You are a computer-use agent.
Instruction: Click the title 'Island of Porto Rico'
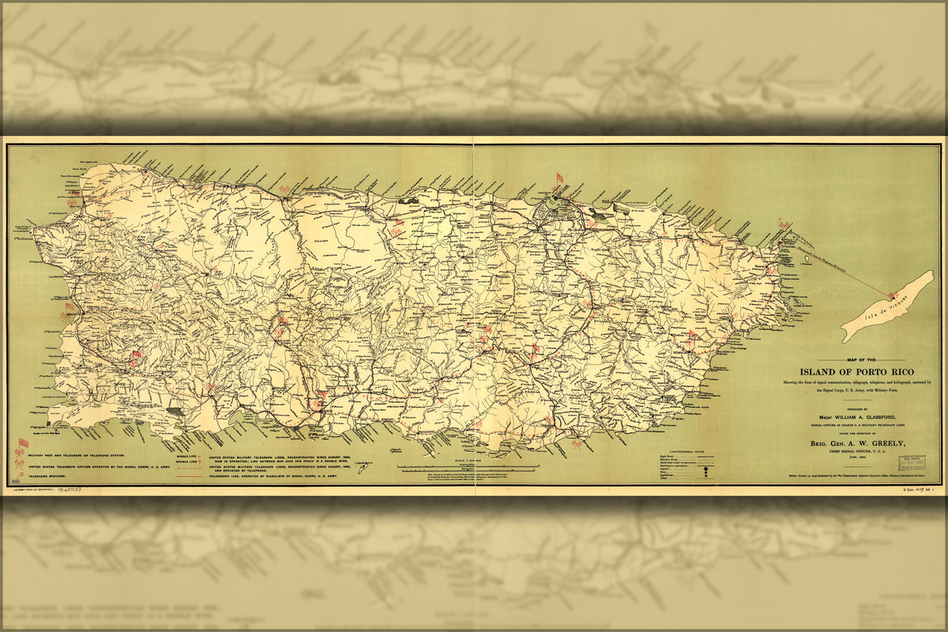click(856, 372)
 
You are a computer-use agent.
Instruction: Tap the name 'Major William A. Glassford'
click(859, 417)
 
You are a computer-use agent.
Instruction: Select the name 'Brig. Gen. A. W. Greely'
click(858, 444)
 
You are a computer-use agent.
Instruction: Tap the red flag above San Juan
click(559, 178)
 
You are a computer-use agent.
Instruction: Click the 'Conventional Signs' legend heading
click(686, 451)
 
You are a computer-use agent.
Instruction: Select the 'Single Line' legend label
click(187, 455)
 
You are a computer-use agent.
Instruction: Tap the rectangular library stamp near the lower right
click(913, 462)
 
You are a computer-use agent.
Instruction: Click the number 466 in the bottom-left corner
click(15, 482)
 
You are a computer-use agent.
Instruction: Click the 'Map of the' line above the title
click(856, 360)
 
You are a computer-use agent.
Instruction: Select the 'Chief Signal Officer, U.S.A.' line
click(858, 452)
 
